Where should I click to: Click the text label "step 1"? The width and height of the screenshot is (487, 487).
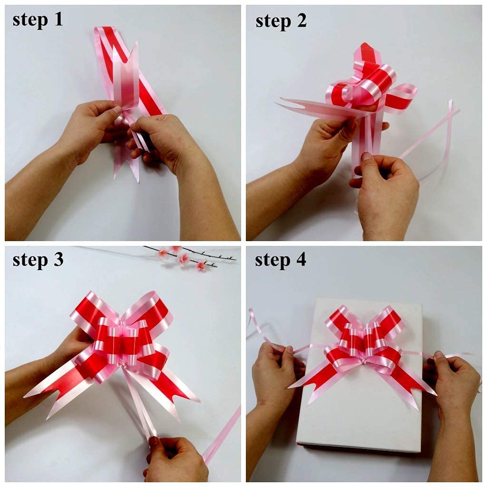pyautogui.click(x=38, y=19)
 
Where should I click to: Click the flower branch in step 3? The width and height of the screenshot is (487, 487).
pyautogui.click(x=190, y=257)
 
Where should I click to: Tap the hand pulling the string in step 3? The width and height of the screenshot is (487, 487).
pyautogui.click(x=176, y=459)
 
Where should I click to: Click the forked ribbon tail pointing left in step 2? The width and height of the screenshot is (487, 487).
pyautogui.click(x=304, y=107)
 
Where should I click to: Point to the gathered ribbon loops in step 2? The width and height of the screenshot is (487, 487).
pyautogui.click(x=366, y=86)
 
